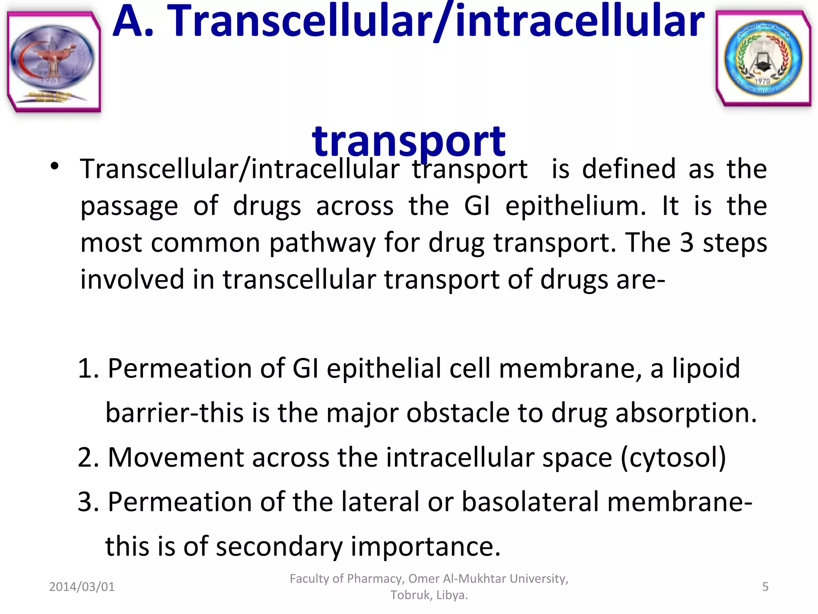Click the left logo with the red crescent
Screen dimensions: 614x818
tap(53, 61)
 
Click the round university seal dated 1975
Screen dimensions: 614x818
tap(763, 58)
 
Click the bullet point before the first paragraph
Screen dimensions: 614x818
tap(55, 166)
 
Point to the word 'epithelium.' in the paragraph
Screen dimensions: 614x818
tap(576, 206)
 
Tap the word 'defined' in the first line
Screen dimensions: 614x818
tap(629, 169)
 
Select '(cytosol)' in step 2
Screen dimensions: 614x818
tap(673, 457)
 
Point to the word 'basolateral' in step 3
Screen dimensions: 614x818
tap(530, 502)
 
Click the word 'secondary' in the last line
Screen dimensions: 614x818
tap(279, 546)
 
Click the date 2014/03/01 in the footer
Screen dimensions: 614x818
tap(82, 587)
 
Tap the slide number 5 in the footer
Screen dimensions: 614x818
tap(765, 587)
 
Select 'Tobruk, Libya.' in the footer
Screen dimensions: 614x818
tap(429, 595)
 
